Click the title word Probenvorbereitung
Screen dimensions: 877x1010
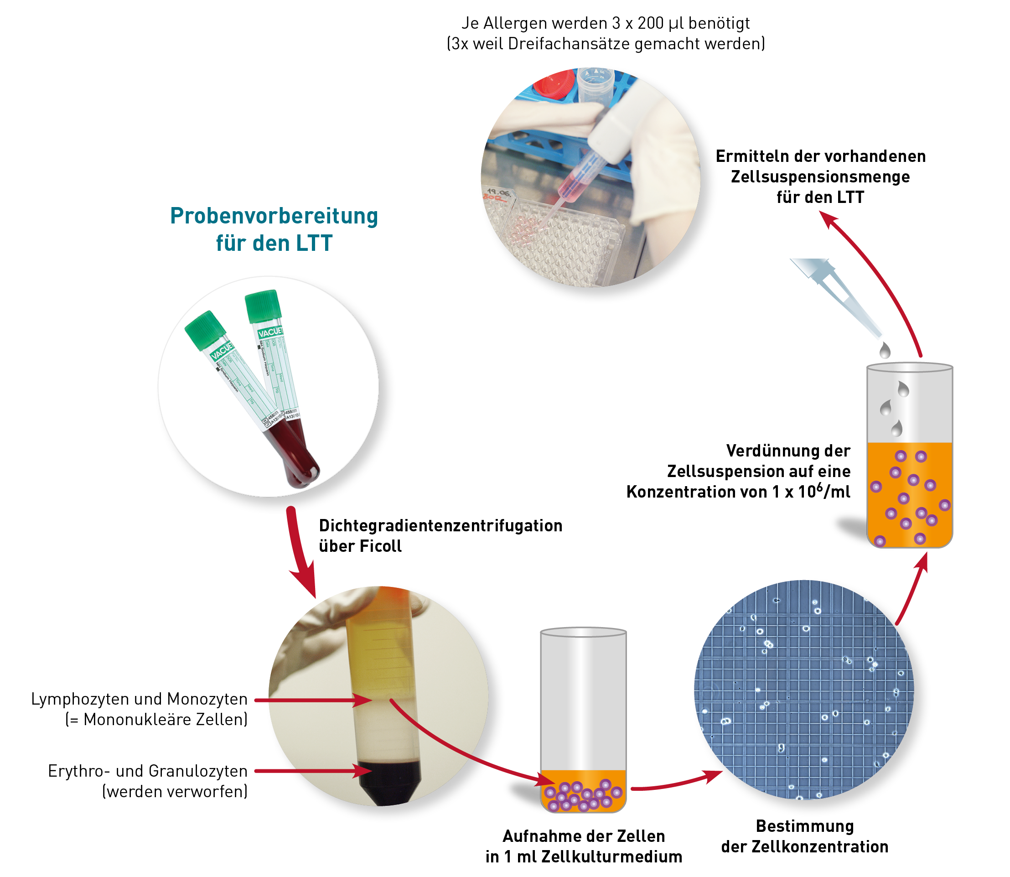(x=274, y=216)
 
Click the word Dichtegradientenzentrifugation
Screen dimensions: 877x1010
(x=440, y=526)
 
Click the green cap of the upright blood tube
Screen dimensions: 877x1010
(x=263, y=306)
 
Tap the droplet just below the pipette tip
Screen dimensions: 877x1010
(x=885, y=350)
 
